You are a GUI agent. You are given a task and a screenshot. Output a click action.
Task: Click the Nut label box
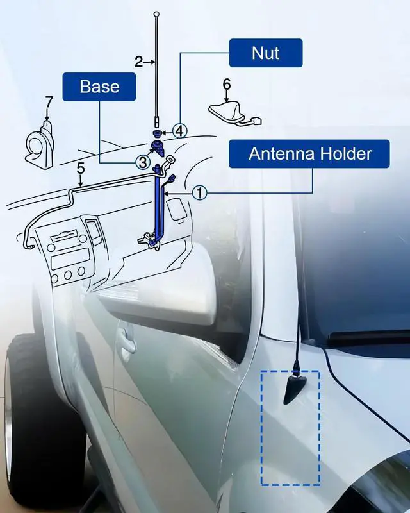pyautogui.click(x=265, y=52)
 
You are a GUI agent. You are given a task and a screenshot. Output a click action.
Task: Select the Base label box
pyautogui.click(x=99, y=87)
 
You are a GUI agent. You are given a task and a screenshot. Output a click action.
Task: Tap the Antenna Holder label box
pyautogui.click(x=309, y=155)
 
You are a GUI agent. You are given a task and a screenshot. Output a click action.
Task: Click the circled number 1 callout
pyautogui.click(x=201, y=192)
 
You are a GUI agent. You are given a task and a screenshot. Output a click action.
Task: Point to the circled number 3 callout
pyautogui.click(x=143, y=162)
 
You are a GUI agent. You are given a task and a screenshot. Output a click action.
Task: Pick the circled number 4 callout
pyautogui.click(x=180, y=131)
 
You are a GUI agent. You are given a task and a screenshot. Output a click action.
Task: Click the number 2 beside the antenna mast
pyautogui.click(x=138, y=62)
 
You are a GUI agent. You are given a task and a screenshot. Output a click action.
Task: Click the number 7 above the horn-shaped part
pyautogui.click(x=49, y=102)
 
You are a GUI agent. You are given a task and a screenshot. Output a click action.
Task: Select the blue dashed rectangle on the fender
pyautogui.click(x=290, y=427)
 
